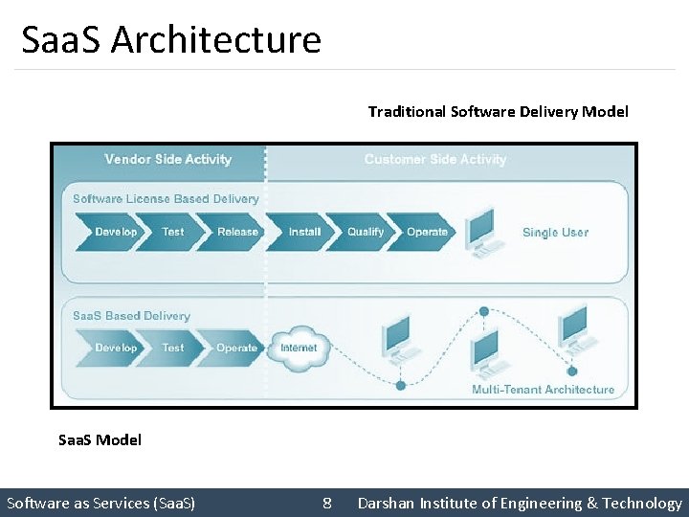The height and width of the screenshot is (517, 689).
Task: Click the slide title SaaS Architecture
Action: point(171,39)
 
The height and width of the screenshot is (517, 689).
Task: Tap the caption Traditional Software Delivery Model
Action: point(498,111)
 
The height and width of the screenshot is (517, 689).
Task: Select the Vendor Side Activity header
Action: point(167,159)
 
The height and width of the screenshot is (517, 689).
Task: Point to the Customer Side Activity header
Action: point(435,159)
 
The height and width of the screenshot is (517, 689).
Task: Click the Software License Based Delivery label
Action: point(166,199)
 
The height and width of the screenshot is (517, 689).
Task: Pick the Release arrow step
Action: point(236,232)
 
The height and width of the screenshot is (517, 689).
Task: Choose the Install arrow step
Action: point(304,232)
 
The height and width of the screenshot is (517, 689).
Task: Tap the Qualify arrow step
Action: point(365,232)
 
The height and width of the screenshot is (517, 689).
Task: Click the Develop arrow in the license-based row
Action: point(115,232)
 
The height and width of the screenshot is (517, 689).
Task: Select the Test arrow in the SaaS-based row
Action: point(172,348)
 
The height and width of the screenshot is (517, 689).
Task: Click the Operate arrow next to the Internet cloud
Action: point(235,348)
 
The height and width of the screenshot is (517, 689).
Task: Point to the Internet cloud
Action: point(298,348)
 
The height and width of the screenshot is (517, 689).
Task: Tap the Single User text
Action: point(555,233)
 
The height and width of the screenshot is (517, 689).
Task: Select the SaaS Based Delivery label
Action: point(131,316)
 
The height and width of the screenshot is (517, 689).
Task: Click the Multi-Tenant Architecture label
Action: point(543,390)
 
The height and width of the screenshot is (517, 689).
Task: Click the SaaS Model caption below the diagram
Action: point(100,439)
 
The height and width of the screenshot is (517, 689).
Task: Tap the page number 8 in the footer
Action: point(327,503)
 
